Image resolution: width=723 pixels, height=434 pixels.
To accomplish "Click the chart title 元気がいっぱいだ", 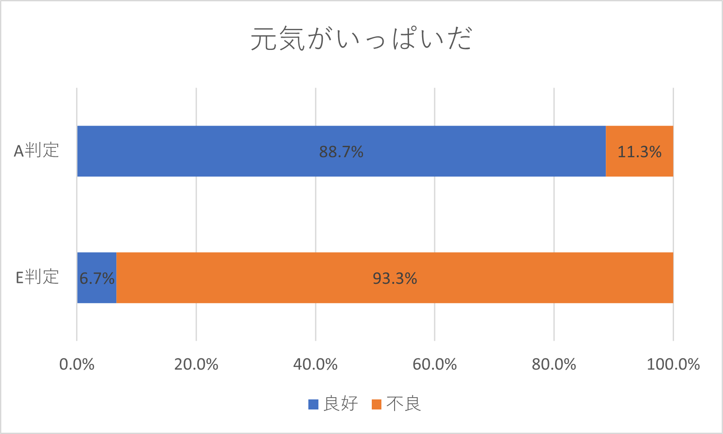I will pyautogui.click(x=361, y=39).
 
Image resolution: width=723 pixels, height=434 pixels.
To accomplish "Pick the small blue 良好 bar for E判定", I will pyautogui.click(x=97, y=291).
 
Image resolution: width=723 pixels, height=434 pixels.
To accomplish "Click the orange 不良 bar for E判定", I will pyautogui.click(x=481, y=278).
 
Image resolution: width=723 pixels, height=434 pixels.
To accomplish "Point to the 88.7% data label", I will pyautogui.click(x=341, y=152).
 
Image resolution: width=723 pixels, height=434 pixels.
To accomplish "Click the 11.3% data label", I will pyautogui.click(x=639, y=152).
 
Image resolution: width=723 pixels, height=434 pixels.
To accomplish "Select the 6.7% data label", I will pyautogui.click(x=97, y=278).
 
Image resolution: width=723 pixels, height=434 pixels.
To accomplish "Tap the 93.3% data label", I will pyautogui.click(x=395, y=279).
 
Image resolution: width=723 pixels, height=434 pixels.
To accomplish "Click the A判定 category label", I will pyautogui.click(x=36, y=151).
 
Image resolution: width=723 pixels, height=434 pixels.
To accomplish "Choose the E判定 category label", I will pyautogui.click(x=37, y=277).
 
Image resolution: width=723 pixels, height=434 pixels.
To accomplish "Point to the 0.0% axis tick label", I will pyautogui.click(x=77, y=364).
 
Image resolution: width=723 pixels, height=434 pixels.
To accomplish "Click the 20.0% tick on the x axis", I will pyautogui.click(x=196, y=364).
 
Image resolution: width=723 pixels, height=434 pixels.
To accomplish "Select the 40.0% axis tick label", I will pyautogui.click(x=315, y=364).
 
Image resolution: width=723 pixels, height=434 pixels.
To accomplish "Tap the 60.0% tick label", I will pyautogui.click(x=435, y=364).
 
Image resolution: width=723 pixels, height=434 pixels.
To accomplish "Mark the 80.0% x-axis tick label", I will pyautogui.click(x=554, y=364).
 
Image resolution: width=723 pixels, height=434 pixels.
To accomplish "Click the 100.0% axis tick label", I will pyautogui.click(x=673, y=364).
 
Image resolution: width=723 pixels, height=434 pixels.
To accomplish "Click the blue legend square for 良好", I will pyautogui.click(x=313, y=404).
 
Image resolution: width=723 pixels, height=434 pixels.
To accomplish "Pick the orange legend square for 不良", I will pyautogui.click(x=376, y=404).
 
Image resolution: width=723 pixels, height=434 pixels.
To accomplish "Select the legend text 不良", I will pyautogui.click(x=403, y=404).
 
